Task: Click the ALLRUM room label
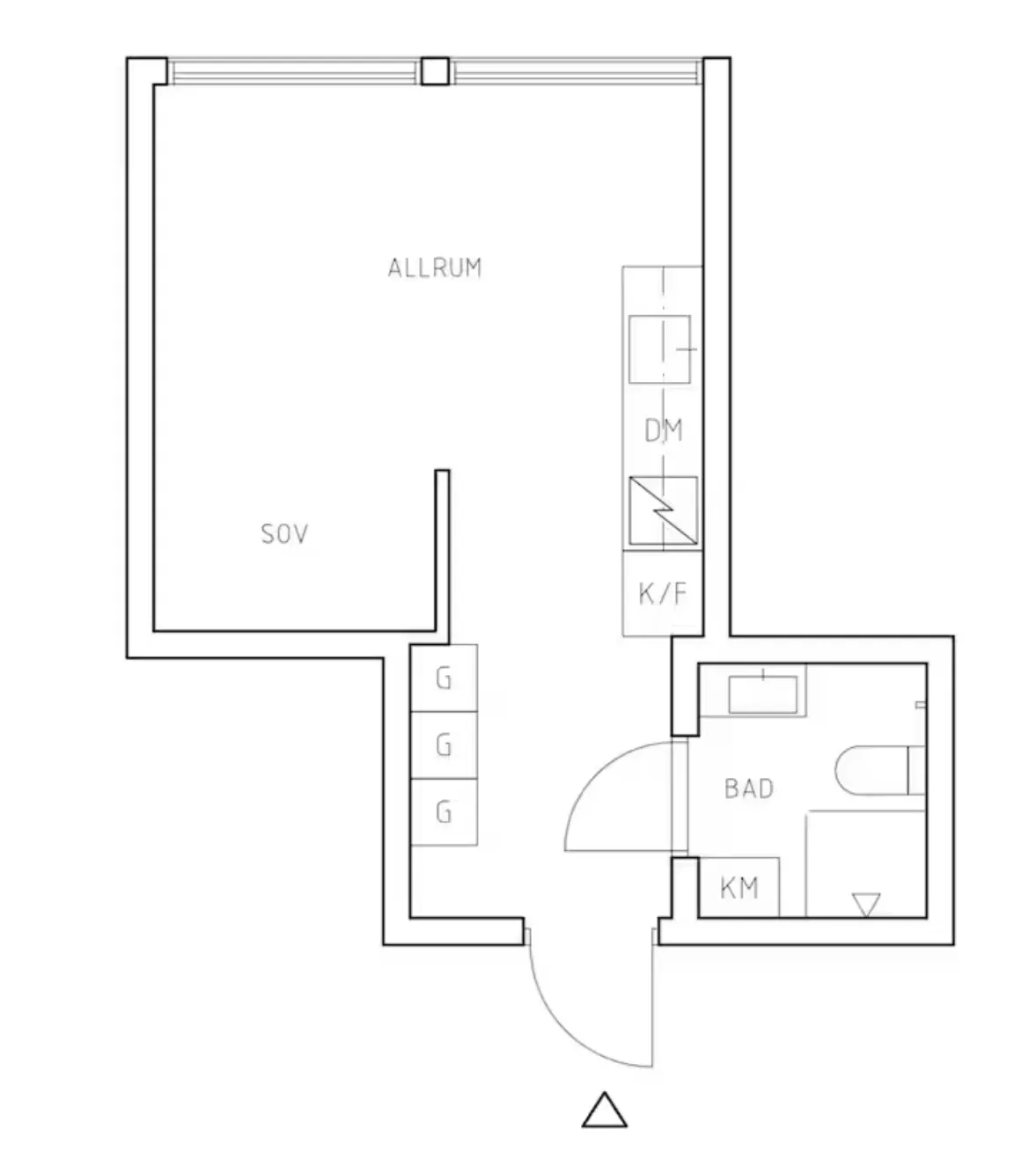click(434, 268)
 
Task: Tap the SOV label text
click(284, 533)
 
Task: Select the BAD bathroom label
click(748, 789)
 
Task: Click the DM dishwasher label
click(664, 430)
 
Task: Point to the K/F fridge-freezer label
click(662, 593)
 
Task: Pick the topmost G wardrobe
click(444, 678)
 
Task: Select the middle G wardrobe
click(444, 745)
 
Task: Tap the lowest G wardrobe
click(444, 811)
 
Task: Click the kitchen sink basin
click(659, 349)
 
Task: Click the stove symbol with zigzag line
click(663, 510)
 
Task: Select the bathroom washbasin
click(763, 694)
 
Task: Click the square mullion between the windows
click(435, 71)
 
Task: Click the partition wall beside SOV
click(443, 551)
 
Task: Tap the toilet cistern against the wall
click(916, 770)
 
